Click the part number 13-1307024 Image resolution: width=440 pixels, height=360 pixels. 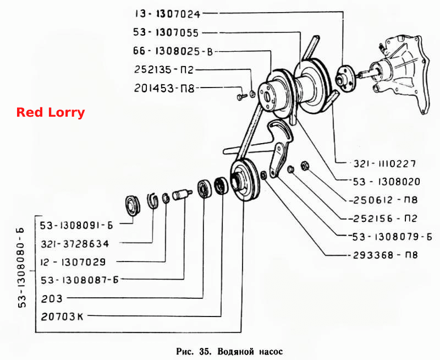168,14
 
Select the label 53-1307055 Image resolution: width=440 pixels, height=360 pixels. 166,32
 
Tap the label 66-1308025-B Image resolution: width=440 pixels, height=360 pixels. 173,51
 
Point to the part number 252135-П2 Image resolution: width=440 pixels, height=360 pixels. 164,70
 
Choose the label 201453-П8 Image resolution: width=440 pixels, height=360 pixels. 164,89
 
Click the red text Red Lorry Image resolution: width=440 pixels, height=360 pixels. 51,112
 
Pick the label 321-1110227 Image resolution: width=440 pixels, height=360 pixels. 384,163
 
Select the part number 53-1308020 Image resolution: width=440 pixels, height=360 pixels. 387,182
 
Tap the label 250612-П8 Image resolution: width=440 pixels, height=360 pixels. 383,200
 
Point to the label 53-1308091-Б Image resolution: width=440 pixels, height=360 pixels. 76,225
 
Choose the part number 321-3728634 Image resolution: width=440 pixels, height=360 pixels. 75,244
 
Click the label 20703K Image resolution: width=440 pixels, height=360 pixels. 62,317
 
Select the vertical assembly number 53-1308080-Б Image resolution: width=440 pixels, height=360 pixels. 23,268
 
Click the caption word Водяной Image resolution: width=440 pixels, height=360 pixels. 235,351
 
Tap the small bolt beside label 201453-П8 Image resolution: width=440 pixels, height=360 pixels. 241,96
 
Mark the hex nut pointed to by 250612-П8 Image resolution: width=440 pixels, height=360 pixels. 304,166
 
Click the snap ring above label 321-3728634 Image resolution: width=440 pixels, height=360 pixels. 153,200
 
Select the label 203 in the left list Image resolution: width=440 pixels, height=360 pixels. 52,298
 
